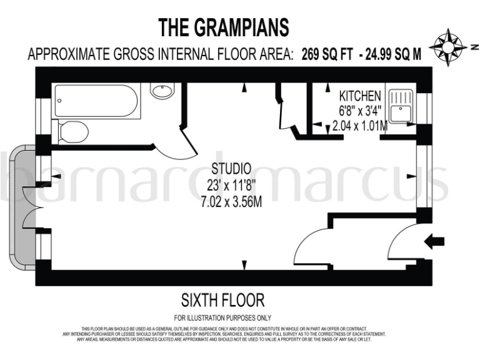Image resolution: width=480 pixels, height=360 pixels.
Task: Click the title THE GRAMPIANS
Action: (x=224, y=27)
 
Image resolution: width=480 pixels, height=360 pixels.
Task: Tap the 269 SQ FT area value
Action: (x=328, y=54)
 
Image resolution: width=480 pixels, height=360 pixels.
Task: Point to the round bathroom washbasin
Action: (x=162, y=91)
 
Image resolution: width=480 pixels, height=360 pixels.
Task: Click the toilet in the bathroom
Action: (x=74, y=132)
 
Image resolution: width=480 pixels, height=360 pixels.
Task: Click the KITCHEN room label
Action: (x=359, y=96)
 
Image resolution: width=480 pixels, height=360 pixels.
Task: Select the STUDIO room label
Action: (x=231, y=169)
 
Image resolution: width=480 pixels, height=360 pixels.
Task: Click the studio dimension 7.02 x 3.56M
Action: (x=231, y=202)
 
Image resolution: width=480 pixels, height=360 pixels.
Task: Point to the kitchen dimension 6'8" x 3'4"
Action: (x=359, y=111)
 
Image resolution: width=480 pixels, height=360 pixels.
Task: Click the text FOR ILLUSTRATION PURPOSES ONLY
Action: (x=222, y=318)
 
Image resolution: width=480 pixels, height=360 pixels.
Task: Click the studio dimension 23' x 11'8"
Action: (x=231, y=185)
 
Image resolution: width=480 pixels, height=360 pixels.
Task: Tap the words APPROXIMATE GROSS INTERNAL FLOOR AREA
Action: (x=160, y=54)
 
